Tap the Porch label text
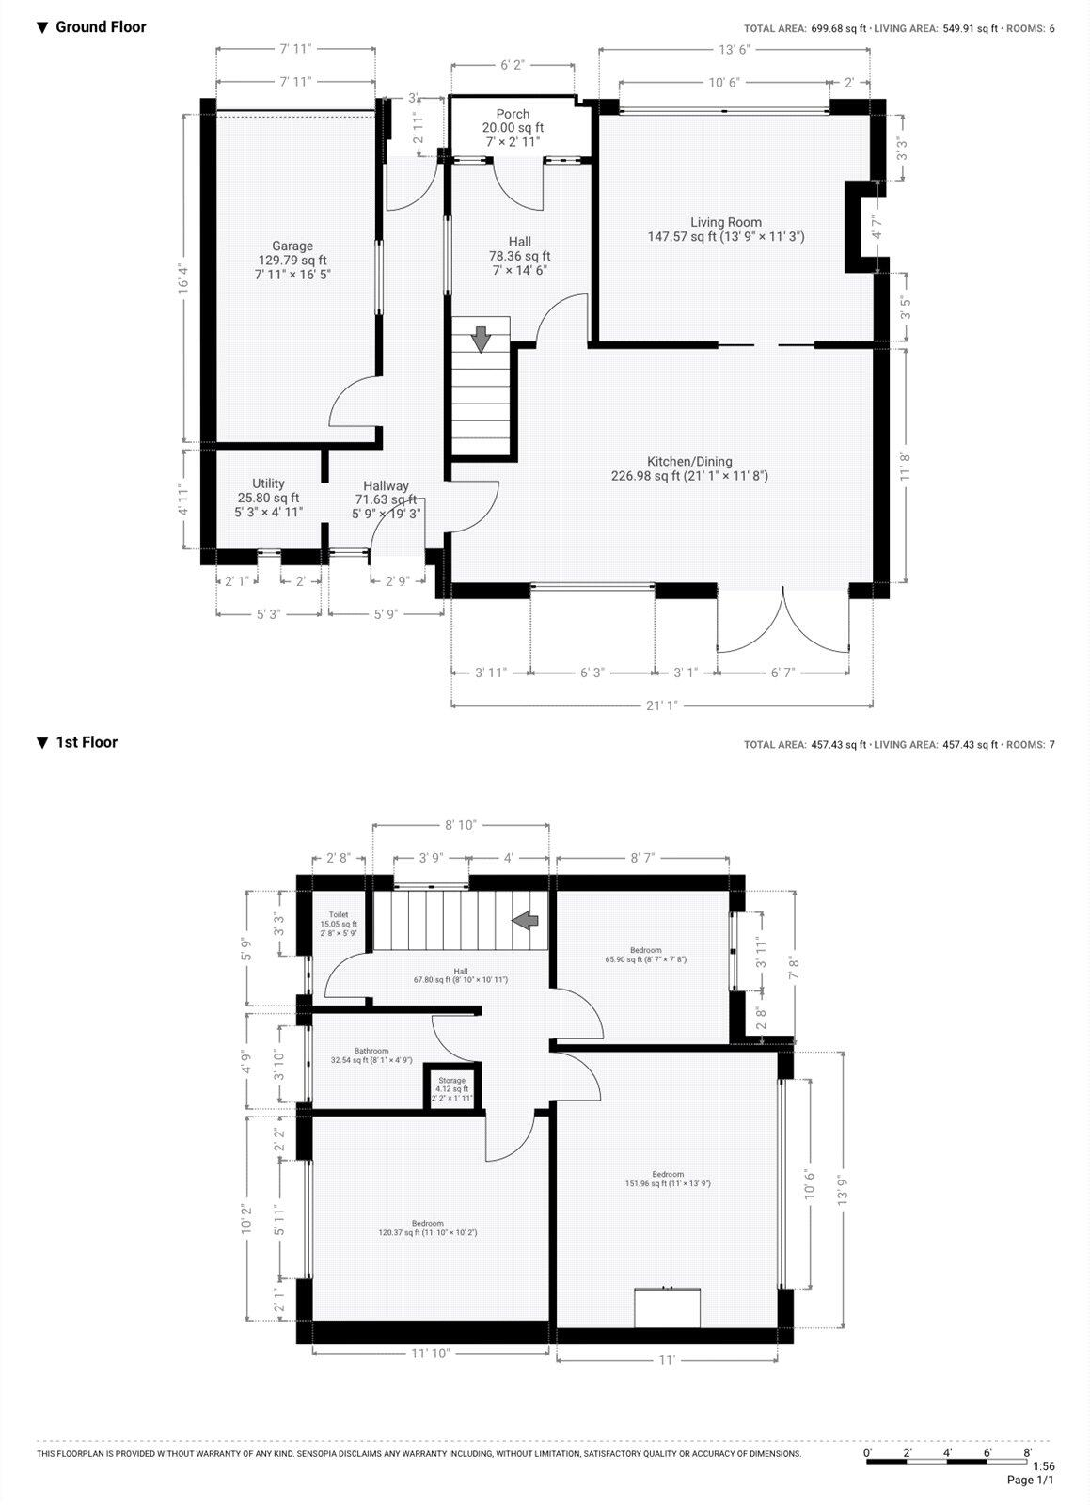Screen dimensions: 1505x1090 pyautogui.click(x=513, y=115)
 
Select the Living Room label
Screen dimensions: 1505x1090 pyautogui.click(x=725, y=223)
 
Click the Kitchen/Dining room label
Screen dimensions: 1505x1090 pyautogui.click(x=688, y=462)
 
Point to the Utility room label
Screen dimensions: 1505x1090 pyautogui.click(x=268, y=484)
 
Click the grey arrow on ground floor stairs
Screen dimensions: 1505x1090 pyautogui.click(x=481, y=339)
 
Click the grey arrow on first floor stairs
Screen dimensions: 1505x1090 pyautogui.click(x=526, y=920)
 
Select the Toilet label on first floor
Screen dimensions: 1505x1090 pyautogui.click(x=339, y=914)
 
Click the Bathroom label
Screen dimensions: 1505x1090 pyautogui.click(x=371, y=1051)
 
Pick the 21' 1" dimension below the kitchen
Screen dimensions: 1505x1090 pyautogui.click(x=661, y=705)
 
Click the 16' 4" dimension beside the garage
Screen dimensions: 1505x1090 pyautogui.click(x=184, y=278)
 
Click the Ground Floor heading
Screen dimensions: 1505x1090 pyautogui.click(x=101, y=27)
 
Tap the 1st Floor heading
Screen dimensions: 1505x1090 pyautogui.click(x=87, y=742)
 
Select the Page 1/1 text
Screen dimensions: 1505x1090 pyautogui.click(x=1030, y=1480)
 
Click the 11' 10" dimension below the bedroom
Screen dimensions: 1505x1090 pyautogui.click(x=430, y=1353)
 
